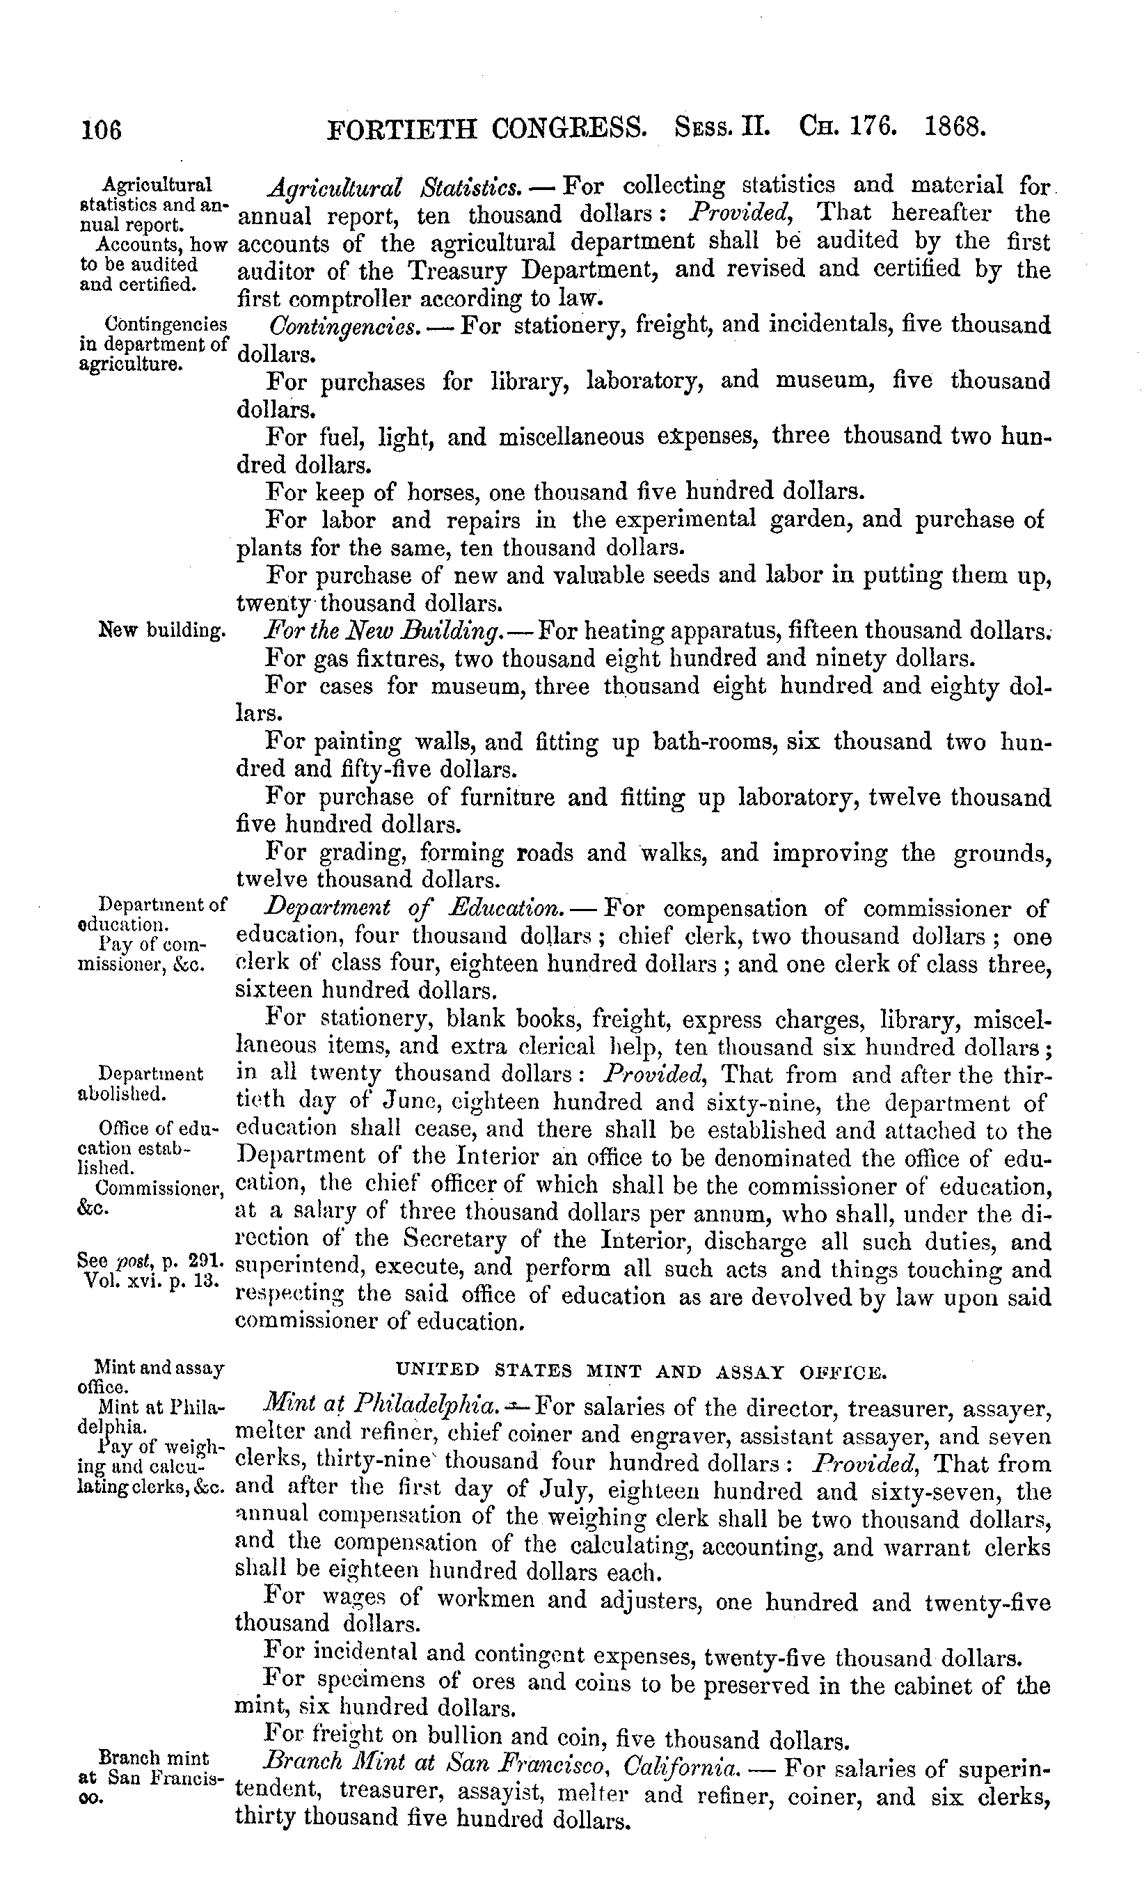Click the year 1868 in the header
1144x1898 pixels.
(955, 125)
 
